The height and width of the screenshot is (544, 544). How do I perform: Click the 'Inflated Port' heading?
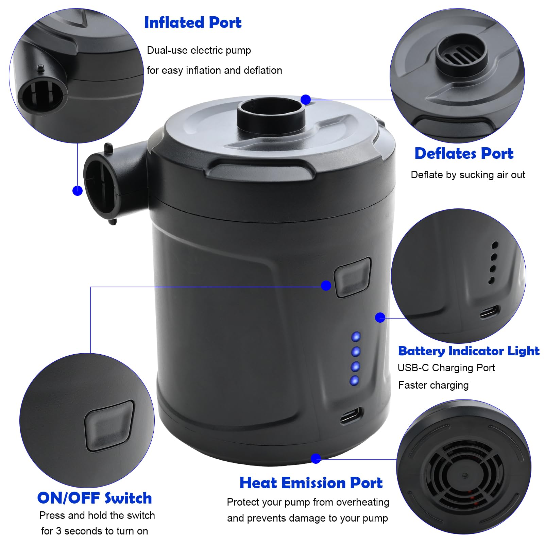pos(193,23)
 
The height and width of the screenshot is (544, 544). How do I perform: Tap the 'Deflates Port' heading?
pos(464,153)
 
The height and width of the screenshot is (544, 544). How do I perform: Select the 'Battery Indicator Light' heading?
pos(469,351)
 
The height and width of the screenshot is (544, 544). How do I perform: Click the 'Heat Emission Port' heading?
pos(311,483)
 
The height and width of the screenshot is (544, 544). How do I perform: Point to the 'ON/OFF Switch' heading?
pos(95,498)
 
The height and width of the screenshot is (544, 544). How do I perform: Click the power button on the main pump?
pos(353,277)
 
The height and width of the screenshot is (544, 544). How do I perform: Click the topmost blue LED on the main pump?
pos(356,337)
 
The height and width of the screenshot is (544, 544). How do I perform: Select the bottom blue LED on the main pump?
pos(354,380)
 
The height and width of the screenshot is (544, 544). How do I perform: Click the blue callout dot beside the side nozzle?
pos(78,190)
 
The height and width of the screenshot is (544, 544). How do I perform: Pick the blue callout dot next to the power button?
pos(326,286)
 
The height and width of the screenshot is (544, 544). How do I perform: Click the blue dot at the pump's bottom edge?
pos(316,458)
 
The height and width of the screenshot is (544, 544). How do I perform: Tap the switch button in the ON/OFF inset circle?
pos(109,426)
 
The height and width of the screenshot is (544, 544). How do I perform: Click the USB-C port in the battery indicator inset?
pos(490,312)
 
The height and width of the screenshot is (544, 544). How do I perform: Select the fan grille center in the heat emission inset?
pos(464,475)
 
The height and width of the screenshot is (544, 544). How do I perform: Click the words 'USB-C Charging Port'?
pos(446,368)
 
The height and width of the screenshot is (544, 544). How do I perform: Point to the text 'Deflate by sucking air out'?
pos(468,175)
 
